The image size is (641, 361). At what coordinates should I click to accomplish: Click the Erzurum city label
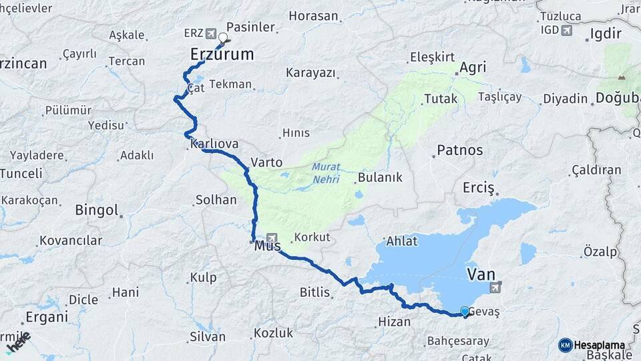[222, 54]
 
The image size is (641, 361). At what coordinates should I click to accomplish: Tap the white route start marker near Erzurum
[223, 38]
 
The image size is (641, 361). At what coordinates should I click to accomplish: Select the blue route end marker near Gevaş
[465, 311]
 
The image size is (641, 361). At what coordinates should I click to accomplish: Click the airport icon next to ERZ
[211, 33]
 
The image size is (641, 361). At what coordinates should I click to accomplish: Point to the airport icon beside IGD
[567, 30]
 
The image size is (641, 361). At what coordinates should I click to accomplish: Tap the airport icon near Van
[494, 287]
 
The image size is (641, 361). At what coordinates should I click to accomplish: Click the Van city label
[481, 274]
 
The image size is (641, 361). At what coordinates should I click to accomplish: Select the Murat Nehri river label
[325, 173]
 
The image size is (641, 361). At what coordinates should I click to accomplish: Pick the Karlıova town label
[214, 144]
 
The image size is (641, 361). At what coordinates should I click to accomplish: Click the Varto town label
[266, 162]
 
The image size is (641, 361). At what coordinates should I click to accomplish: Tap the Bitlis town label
[315, 292]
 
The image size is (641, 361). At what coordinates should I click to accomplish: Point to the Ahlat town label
[401, 241]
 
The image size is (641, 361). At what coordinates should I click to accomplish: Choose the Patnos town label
[459, 150]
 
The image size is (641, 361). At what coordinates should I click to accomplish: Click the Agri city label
[471, 68]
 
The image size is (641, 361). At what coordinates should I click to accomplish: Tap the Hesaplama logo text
[599, 345]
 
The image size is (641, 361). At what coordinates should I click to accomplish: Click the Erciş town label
[478, 188]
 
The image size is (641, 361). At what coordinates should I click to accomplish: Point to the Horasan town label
[314, 15]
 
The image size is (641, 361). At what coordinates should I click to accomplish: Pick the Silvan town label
[207, 336]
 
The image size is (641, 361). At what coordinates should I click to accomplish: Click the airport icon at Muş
[272, 238]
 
